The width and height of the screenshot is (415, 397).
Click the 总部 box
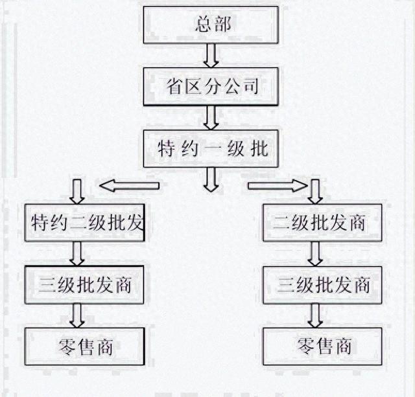[x=211, y=25]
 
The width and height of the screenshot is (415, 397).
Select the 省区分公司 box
[x=211, y=86]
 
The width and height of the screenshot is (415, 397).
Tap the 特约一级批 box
[x=211, y=148]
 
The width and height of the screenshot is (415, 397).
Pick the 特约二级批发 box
[x=84, y=223]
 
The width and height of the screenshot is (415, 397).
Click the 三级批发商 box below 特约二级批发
[x=84, y=284]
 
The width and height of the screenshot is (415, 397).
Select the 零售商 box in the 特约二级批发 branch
[x=84, y=346]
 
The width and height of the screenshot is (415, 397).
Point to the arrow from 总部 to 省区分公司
[x=211, y=56]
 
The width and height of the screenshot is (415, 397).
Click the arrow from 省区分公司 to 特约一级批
[x=211, y=117]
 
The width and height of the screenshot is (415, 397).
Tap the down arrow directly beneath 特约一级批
[x=211, y=179]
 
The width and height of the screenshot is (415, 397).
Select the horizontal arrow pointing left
[x=129, y=186]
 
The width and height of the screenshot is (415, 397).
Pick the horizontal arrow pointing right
[x=277, y=186]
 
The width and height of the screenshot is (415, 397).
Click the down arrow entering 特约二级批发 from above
[x=77, y=191]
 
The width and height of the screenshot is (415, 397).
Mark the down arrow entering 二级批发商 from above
[x=316, y=191]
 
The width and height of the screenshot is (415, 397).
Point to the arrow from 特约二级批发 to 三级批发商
[x=77, y=253]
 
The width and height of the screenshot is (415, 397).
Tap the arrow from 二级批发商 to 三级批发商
[x=316, y=253]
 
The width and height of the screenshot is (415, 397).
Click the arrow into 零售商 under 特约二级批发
[x=77, y=315]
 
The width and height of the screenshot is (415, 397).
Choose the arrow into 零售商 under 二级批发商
[x=316, y=315]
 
